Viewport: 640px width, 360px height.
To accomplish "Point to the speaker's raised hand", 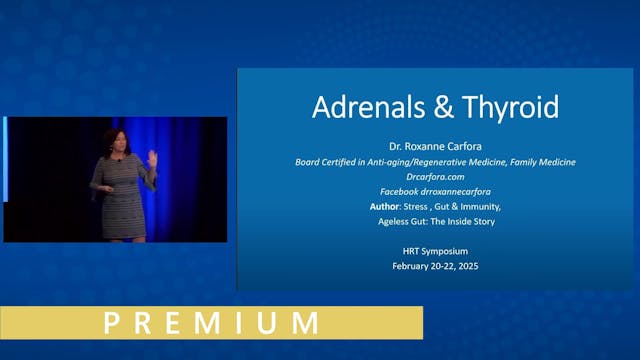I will pos(150,156).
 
